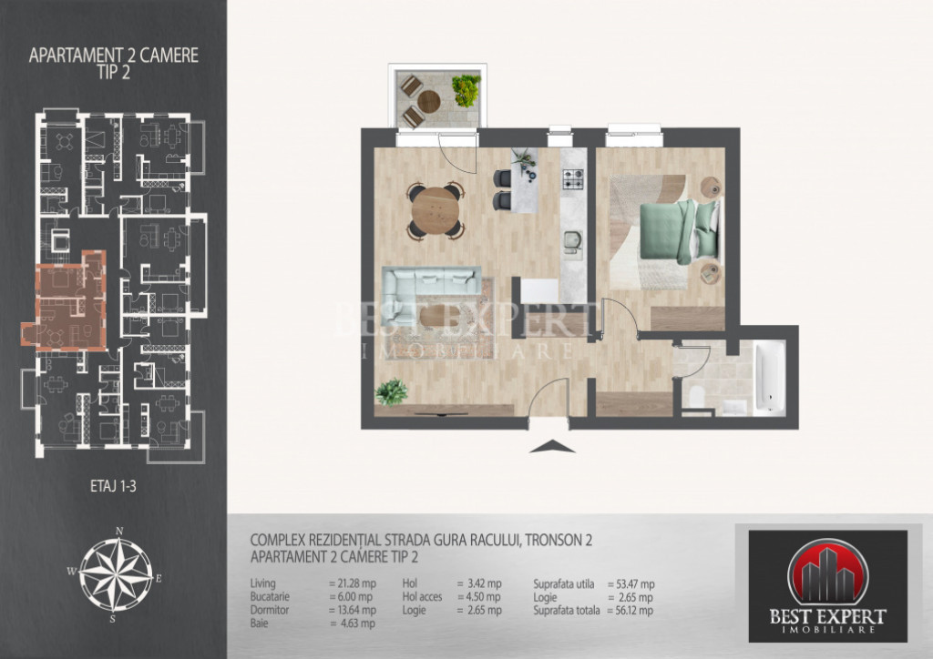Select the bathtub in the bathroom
point(771,376)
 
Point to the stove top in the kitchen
point(573,181)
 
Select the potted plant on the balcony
point(466,89)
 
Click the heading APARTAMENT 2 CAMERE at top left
point(113,56)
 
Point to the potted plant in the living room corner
point(392,391)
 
